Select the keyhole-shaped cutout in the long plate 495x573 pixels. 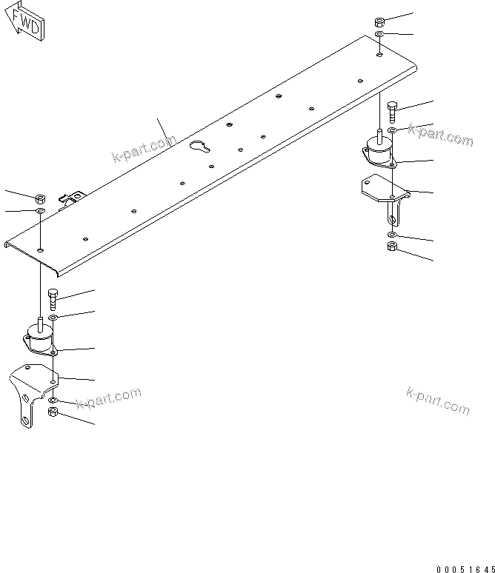coord(199,147)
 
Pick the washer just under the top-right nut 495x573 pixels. coord(379,35)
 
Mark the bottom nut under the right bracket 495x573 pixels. coord(392,247)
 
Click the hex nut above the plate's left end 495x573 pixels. coord(40,198)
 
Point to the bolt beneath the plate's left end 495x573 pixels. coord(53,299)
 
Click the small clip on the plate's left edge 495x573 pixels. coord(73,198)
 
